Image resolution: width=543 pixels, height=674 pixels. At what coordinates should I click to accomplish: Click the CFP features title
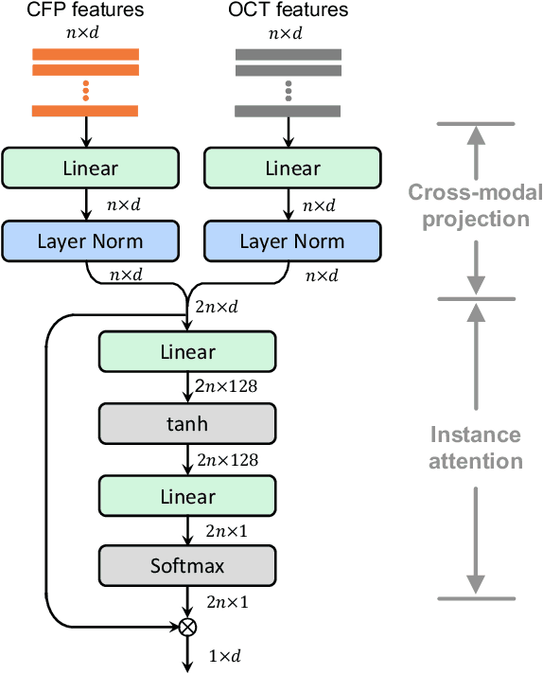(86, 11)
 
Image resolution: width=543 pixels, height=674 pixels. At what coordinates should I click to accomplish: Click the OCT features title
(288, 11)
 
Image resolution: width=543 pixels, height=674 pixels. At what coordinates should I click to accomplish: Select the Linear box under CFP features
(91, 168)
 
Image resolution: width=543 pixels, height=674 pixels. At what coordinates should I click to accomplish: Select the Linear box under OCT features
(292, 168)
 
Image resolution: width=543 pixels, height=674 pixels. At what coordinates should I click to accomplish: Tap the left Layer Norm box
(91, 240)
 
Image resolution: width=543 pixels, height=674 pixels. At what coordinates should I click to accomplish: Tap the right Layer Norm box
(292, 240)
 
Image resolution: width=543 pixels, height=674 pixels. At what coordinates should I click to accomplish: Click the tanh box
(186, 424)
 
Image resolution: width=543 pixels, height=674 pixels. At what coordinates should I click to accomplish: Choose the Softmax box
(186, 567)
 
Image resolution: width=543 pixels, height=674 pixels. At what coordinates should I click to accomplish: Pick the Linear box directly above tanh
(186, 352)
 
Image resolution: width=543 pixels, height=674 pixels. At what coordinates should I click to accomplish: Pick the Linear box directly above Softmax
(186, 496)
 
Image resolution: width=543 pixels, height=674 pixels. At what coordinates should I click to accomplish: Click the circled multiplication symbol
(187, 626)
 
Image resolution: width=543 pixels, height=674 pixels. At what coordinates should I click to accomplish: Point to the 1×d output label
(225, 655)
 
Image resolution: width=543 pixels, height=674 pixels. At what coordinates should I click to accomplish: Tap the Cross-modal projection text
(476, 206)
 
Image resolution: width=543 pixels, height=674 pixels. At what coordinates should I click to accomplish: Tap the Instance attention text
(476, 448)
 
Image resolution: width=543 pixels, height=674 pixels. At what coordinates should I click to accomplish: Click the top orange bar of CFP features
(86, 53)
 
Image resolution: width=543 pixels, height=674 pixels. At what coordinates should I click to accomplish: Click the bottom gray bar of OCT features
(288, 111)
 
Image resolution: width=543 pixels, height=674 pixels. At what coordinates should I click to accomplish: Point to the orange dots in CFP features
(86, 90)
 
